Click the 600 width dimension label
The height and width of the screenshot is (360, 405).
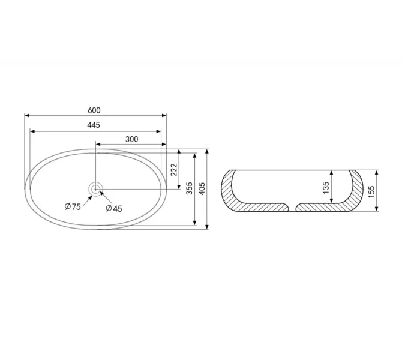coord(94,110)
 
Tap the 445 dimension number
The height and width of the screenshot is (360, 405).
coord(94,125)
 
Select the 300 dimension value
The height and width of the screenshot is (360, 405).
coord(132,139)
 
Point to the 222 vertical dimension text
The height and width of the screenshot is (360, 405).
coord(175,170)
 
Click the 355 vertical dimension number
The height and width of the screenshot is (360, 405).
coord(190,188)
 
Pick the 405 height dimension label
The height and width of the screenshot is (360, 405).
coord(202,188)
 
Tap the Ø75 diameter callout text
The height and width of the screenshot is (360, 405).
coord(73,206)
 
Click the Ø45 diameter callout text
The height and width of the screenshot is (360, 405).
coord(114,208)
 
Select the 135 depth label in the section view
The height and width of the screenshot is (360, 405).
coord(326,188)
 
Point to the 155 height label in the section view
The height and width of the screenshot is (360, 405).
coord(371,191)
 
